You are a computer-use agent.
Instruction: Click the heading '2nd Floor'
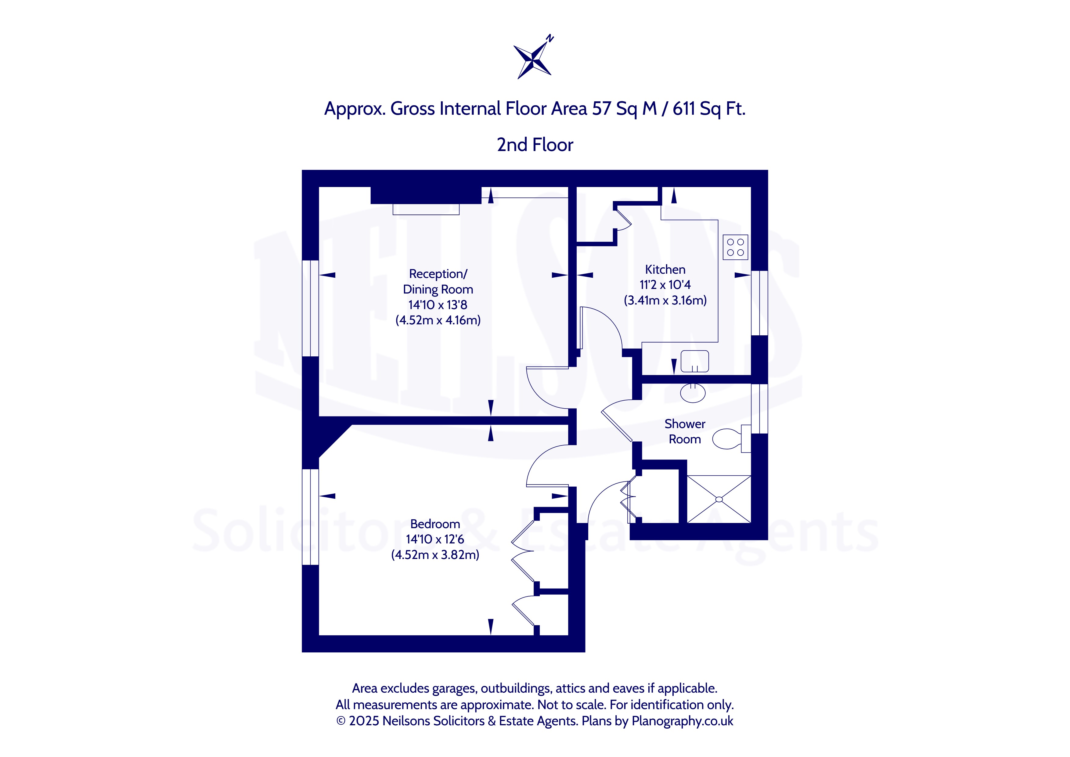pos(535,145)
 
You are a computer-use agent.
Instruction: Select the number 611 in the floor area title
pos(684,109)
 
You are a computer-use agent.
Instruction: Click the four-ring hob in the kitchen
pos(735,247)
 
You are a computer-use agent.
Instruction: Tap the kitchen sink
pos(694,361)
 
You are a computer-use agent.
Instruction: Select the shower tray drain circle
pos(719,499)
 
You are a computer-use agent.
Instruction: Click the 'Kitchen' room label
pos(665,269)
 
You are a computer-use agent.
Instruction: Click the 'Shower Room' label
pos(685,431)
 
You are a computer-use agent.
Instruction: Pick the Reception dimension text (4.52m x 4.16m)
pos(438,320)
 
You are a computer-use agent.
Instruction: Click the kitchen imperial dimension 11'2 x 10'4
pos(665,285)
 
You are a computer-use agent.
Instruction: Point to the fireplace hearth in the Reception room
pos(426,209)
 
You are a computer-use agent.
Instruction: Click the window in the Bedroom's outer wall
pos(310,517)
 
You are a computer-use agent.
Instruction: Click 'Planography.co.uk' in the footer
pos(682,721)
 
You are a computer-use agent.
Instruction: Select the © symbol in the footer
pos(341,721)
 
